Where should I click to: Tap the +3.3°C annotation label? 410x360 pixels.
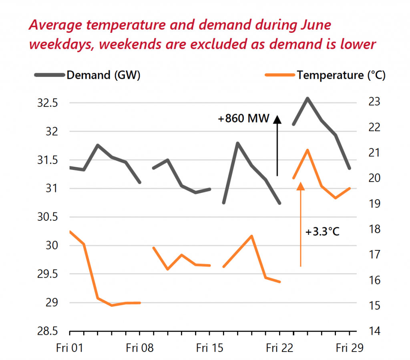point(322,232)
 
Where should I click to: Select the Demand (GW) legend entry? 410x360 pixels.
point(103,75)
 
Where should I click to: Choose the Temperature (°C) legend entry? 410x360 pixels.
point(341,75)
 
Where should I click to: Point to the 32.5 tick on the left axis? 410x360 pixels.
point(48,103)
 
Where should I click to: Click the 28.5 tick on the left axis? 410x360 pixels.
point(48,331)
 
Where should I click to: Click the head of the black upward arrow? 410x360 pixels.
point(277,119)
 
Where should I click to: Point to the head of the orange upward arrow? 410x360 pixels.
point(300,186)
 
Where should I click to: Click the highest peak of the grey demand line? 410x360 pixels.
point(307,98)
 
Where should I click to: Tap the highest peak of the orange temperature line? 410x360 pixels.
point(307,150)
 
